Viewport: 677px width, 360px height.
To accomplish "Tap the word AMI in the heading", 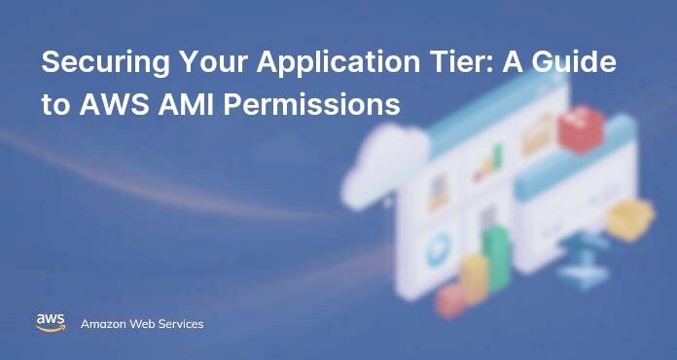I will point(177,105).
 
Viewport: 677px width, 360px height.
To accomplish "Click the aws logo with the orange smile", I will point(51,323).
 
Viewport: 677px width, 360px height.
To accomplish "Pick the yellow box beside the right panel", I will point(630,219).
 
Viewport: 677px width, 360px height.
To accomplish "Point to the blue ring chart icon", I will point(438,249).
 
